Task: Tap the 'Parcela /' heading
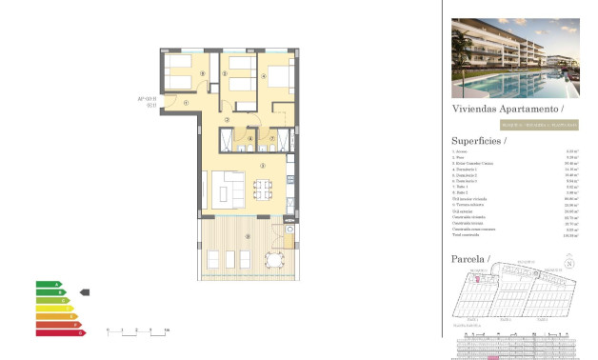tap(469, 258)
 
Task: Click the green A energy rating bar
tap(49, 284)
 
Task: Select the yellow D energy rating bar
tap(54, 309)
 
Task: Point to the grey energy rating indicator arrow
tap(84, 292)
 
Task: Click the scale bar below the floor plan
tap(138, 330)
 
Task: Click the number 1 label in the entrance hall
tap(187, 103)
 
